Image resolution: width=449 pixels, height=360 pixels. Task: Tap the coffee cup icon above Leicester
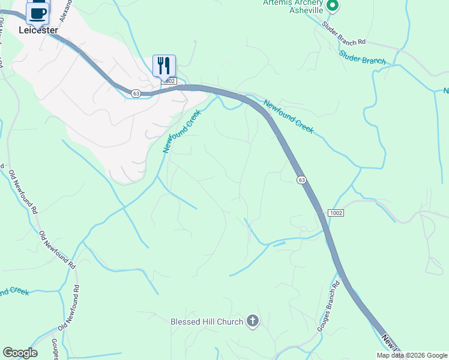coord(37,13)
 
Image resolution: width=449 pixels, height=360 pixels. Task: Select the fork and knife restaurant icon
coord(164,65)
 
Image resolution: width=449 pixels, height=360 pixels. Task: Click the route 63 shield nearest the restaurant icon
coord(136,93)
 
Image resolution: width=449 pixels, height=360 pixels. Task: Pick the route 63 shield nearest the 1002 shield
coord(301,180)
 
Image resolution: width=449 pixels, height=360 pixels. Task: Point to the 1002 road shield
coord(336,214)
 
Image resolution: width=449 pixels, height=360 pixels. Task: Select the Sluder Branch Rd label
coord(343,33)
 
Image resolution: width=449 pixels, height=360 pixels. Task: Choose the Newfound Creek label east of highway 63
coord(289,116)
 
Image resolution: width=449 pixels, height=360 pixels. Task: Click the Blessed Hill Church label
coord(206,322)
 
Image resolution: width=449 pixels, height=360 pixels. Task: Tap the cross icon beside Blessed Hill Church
coord(253,322)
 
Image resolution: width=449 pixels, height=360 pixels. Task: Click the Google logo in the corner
coord(20,353)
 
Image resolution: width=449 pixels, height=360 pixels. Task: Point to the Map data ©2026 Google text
coord(412,355)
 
